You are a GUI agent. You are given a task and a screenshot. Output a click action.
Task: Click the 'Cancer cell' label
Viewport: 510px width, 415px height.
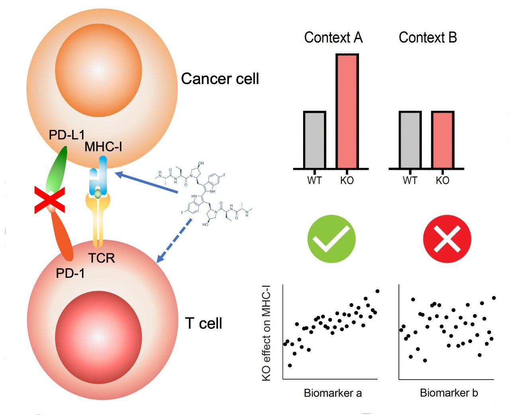[x=220, y=79]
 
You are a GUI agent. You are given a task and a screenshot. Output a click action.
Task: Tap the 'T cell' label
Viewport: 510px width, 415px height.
[x=204, y=323]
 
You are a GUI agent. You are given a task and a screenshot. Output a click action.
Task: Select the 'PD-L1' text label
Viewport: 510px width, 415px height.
[x=67, y=135]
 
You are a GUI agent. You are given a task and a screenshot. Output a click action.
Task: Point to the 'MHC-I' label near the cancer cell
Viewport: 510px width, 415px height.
[x=103, y=147]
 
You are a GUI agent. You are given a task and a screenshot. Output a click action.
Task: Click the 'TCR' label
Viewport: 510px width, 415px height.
[x=102, y=258]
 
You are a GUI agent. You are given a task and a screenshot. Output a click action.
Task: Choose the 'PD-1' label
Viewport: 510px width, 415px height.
[x=70, y=273]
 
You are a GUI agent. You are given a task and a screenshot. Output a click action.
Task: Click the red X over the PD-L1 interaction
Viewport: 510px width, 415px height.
[x=49, y=202]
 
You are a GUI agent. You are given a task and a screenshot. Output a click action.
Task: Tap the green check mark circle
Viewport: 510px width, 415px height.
[x=331, y=239]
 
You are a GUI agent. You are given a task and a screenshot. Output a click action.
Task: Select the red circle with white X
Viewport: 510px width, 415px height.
[x=447, y=239]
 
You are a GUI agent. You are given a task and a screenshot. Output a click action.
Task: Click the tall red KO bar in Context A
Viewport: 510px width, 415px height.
[x=347, y=112]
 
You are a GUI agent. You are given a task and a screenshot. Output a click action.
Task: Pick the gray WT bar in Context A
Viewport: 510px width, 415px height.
[x=315, y=140]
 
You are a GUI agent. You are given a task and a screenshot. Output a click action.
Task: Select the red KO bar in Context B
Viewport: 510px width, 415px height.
[x=443, y=140]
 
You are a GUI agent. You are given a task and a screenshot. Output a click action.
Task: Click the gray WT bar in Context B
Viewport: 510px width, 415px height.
[x=410, y=140]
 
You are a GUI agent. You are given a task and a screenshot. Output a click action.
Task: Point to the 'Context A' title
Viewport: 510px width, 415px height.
[x=333, y=37]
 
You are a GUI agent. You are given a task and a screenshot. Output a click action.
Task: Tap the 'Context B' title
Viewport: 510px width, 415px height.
[x=428, y=37]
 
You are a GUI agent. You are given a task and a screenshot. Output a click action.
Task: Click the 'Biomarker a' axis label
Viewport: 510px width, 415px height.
[x=333, y=393]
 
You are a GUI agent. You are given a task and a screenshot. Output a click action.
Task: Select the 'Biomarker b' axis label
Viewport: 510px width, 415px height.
[x=449, y=393]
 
